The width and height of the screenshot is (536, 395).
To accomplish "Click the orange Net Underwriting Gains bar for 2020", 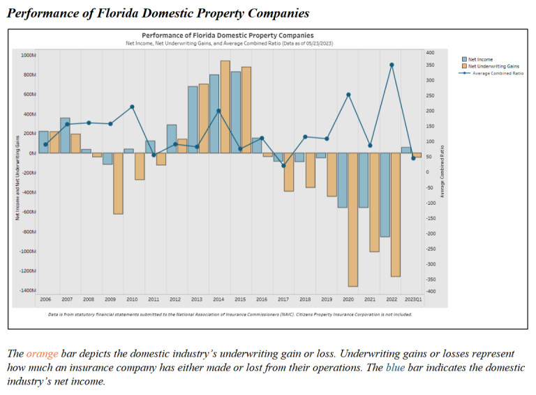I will coord(353,219).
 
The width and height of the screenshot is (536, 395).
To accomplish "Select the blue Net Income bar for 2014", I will coord(214,114).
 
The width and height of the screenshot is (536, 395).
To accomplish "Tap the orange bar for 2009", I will coord(118,183).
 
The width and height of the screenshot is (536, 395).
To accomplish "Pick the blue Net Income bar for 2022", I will coord(385,195).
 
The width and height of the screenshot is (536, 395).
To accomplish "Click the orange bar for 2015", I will coord(246,110).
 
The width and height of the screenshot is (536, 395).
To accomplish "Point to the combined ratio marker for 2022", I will coord(392,65).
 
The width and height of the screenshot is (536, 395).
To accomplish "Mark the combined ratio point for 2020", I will coord(348,95).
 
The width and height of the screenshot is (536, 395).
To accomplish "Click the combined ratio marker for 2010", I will coord(133,107).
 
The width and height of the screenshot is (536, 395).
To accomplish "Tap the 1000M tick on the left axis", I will coord(29,55).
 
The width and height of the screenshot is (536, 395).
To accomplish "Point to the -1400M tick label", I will coord(28,291).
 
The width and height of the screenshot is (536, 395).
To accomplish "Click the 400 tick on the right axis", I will coord(430,53).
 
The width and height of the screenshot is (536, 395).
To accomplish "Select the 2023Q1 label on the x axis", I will coord(413,299).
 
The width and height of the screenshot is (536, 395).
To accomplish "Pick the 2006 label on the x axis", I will coord(45,299).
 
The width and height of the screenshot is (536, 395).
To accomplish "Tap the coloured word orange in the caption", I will coord(38,354).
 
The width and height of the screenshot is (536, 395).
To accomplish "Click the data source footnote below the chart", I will coord(230,314).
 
